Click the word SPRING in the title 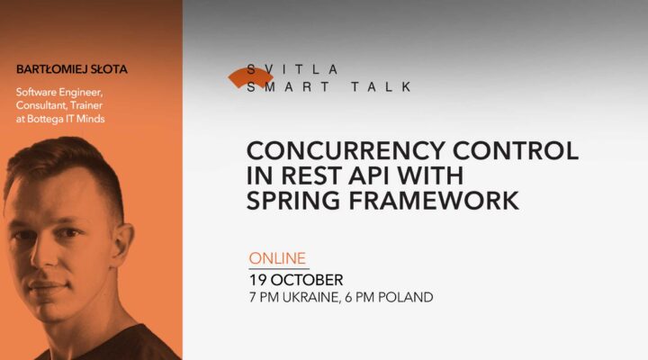(x=297, y=201)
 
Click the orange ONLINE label (x=277, y=258)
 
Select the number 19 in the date (x=261, y=279)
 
